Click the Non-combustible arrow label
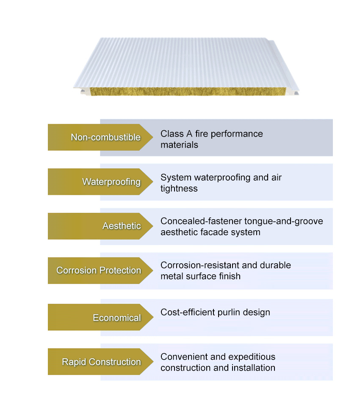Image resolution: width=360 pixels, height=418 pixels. pos(100,137)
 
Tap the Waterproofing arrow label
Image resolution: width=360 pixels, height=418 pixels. pos(100,181)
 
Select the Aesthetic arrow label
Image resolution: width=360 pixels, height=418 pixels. pos(100,226)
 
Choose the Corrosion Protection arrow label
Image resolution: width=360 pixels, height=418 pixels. pos(100,270)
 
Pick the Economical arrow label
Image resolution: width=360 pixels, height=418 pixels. pos(100,317)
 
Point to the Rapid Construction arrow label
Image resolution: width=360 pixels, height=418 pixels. pos(100,362)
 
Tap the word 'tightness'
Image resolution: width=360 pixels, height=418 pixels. pos(179,189)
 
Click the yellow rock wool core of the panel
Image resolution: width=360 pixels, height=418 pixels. pos(188,92)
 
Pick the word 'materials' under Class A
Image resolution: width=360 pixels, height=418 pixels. pos(179,145)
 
